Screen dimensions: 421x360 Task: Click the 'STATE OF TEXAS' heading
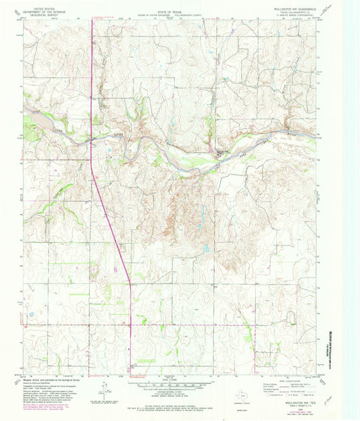pos(170,5)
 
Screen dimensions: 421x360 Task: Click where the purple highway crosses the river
pos(91,133)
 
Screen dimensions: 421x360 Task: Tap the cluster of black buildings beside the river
pos(221,152)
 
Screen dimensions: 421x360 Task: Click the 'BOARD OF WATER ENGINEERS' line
pos(170,9)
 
